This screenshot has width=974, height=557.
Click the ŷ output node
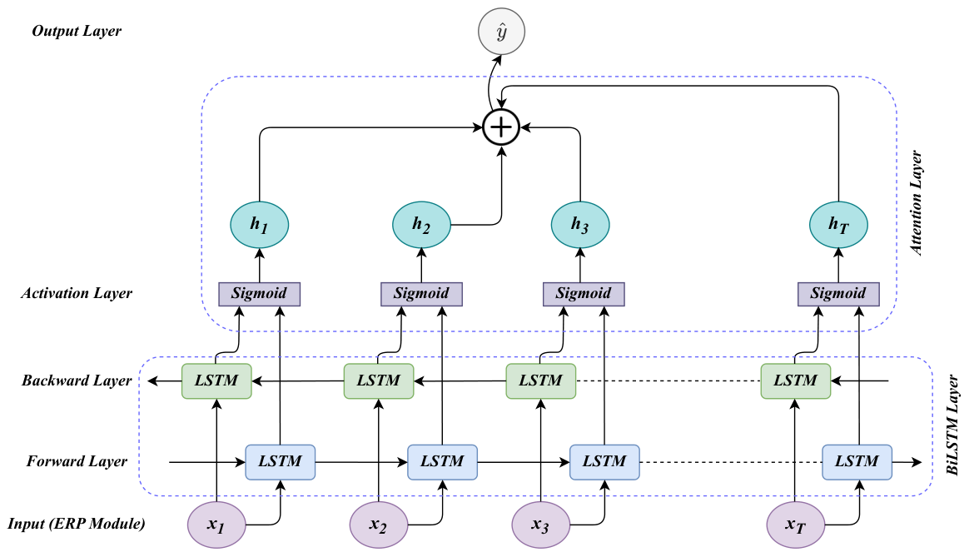point(502,34)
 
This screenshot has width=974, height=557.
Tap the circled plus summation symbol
point(501,127)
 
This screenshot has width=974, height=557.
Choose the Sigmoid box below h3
point(583,293)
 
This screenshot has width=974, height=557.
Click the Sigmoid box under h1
point(259,293)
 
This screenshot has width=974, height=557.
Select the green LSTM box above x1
point(216,380)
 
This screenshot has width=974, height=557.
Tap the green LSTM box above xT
point(796,380)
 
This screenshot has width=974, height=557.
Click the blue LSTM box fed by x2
point(442,461)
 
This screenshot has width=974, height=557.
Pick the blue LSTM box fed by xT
point(857,461)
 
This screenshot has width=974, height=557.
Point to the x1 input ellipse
point(216,525)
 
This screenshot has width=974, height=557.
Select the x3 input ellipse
point(540,525)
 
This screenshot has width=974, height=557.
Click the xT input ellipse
point(796,525)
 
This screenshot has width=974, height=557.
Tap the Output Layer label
point(77,32)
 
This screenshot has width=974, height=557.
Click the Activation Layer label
point(77,293)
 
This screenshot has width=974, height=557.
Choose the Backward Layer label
point(78,380)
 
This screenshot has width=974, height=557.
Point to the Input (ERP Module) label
point(77,525)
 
